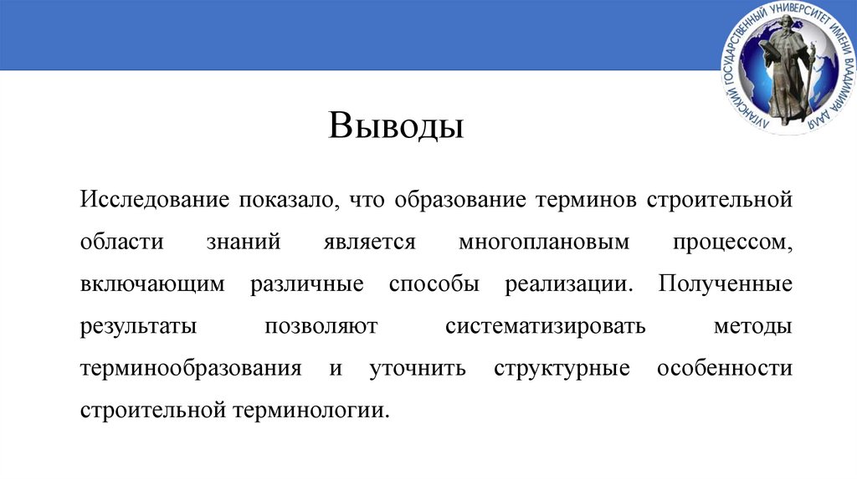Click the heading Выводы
(x=396, y=128)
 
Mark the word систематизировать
(x=546, y=325)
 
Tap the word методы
(x=752, y=325)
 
